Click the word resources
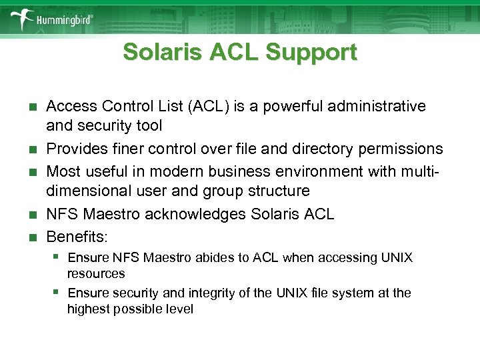pos(96,273)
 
